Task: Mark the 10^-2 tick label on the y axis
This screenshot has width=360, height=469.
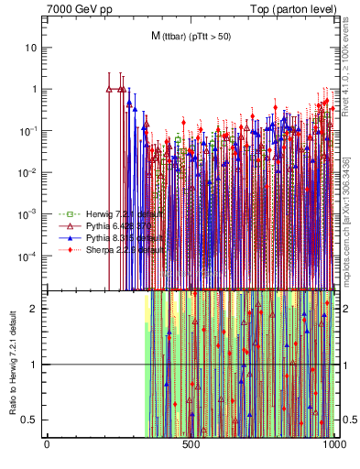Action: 29,172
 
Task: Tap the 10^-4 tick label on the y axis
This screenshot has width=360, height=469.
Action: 29,256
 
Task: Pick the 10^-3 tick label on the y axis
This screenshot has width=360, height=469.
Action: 29,213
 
